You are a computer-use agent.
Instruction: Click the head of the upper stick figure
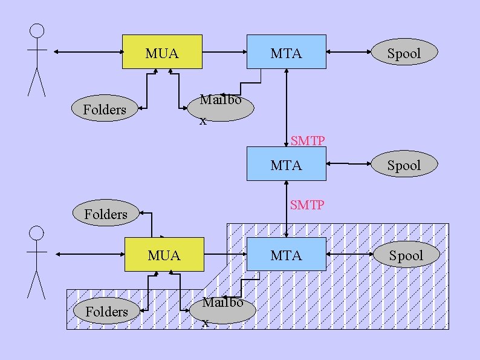pyautogui.click(x=37, y=31)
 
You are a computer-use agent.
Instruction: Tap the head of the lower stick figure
pyautogui.click(x=37, y=234)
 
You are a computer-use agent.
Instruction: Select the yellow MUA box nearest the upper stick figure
pyautogui.click(x=162, y=52)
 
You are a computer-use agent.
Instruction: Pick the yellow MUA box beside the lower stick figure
pyautogui.click(x=164, y=255)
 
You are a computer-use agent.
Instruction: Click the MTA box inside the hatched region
pyautogui.click(x=286, y=255)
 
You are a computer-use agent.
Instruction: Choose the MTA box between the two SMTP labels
pyautogui.click(x=286, y=164)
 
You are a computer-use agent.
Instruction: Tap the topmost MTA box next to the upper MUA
pyautogui.click(x=286, y=52)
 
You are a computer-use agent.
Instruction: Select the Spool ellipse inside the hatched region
pyautogui.click(x=406, y=255)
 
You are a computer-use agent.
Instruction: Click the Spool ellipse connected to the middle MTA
pyautogui.click(x=403, y=165)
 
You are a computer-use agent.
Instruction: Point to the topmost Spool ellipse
pyautogui.click(x=403, y=53)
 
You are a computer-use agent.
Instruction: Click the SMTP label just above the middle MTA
pyautogui.click(x=308, y=140)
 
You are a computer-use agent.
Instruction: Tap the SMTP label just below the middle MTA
pyautogui.click(x=307, y=205)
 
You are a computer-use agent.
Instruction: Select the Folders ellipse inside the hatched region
pyautogui.click(x=106, y=311)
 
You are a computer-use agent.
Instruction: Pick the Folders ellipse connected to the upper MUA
pyautogui.click(x=105, y=110)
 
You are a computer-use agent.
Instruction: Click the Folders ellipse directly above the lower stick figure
pyautogui.click(x=106, y=214)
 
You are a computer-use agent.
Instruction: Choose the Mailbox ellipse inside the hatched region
pyautogui.click(x=222, y=309)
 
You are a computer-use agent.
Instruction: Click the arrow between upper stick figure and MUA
pyautogui.click(x=88, y=52)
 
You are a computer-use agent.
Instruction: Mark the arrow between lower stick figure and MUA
pyautogui.click(x=89, y=255)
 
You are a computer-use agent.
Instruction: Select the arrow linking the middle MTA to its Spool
pyautogui.click(x=348, y=164)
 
